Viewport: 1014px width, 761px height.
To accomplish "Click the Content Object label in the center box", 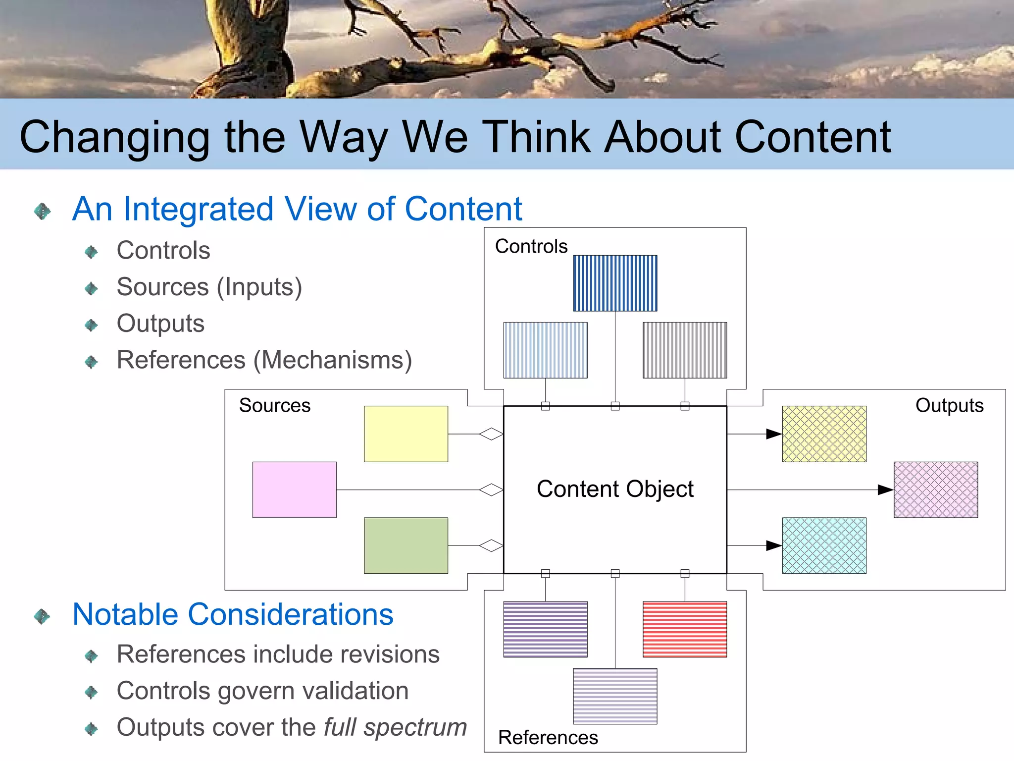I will click(615, 489).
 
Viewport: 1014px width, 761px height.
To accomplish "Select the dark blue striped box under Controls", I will click(615, 283).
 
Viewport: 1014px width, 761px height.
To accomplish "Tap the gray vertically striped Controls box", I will click(685, 350).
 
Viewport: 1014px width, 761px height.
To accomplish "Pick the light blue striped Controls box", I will click(545, 350).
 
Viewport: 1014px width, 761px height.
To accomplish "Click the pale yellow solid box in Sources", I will click(406, 434).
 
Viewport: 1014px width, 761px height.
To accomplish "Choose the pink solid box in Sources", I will click(295, 490).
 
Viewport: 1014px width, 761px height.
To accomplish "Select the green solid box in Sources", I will click(406, 545).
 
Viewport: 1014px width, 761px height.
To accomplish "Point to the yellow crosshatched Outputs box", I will click(824, 434).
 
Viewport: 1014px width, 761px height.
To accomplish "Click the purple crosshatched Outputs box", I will click(936, 490).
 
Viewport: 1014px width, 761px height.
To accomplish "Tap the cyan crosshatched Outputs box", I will click(824, 545).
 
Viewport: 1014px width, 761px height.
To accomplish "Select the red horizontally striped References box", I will click(685, 629).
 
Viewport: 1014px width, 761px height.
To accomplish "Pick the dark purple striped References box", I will click(545, 629).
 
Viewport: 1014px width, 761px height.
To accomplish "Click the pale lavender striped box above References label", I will click(615, 696).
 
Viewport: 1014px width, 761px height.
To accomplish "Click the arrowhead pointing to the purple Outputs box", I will click(885, 490).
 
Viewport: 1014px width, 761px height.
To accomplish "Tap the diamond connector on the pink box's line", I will click(491, 490).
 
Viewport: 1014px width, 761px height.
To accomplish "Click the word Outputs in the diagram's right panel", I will click(949, 405).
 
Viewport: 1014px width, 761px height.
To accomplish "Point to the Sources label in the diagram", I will click(275, 405).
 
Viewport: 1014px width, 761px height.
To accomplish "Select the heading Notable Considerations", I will click(233, 614).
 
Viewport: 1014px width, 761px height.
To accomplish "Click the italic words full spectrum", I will click(395, 727).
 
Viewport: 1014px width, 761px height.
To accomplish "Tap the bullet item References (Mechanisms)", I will click(264, 360).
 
